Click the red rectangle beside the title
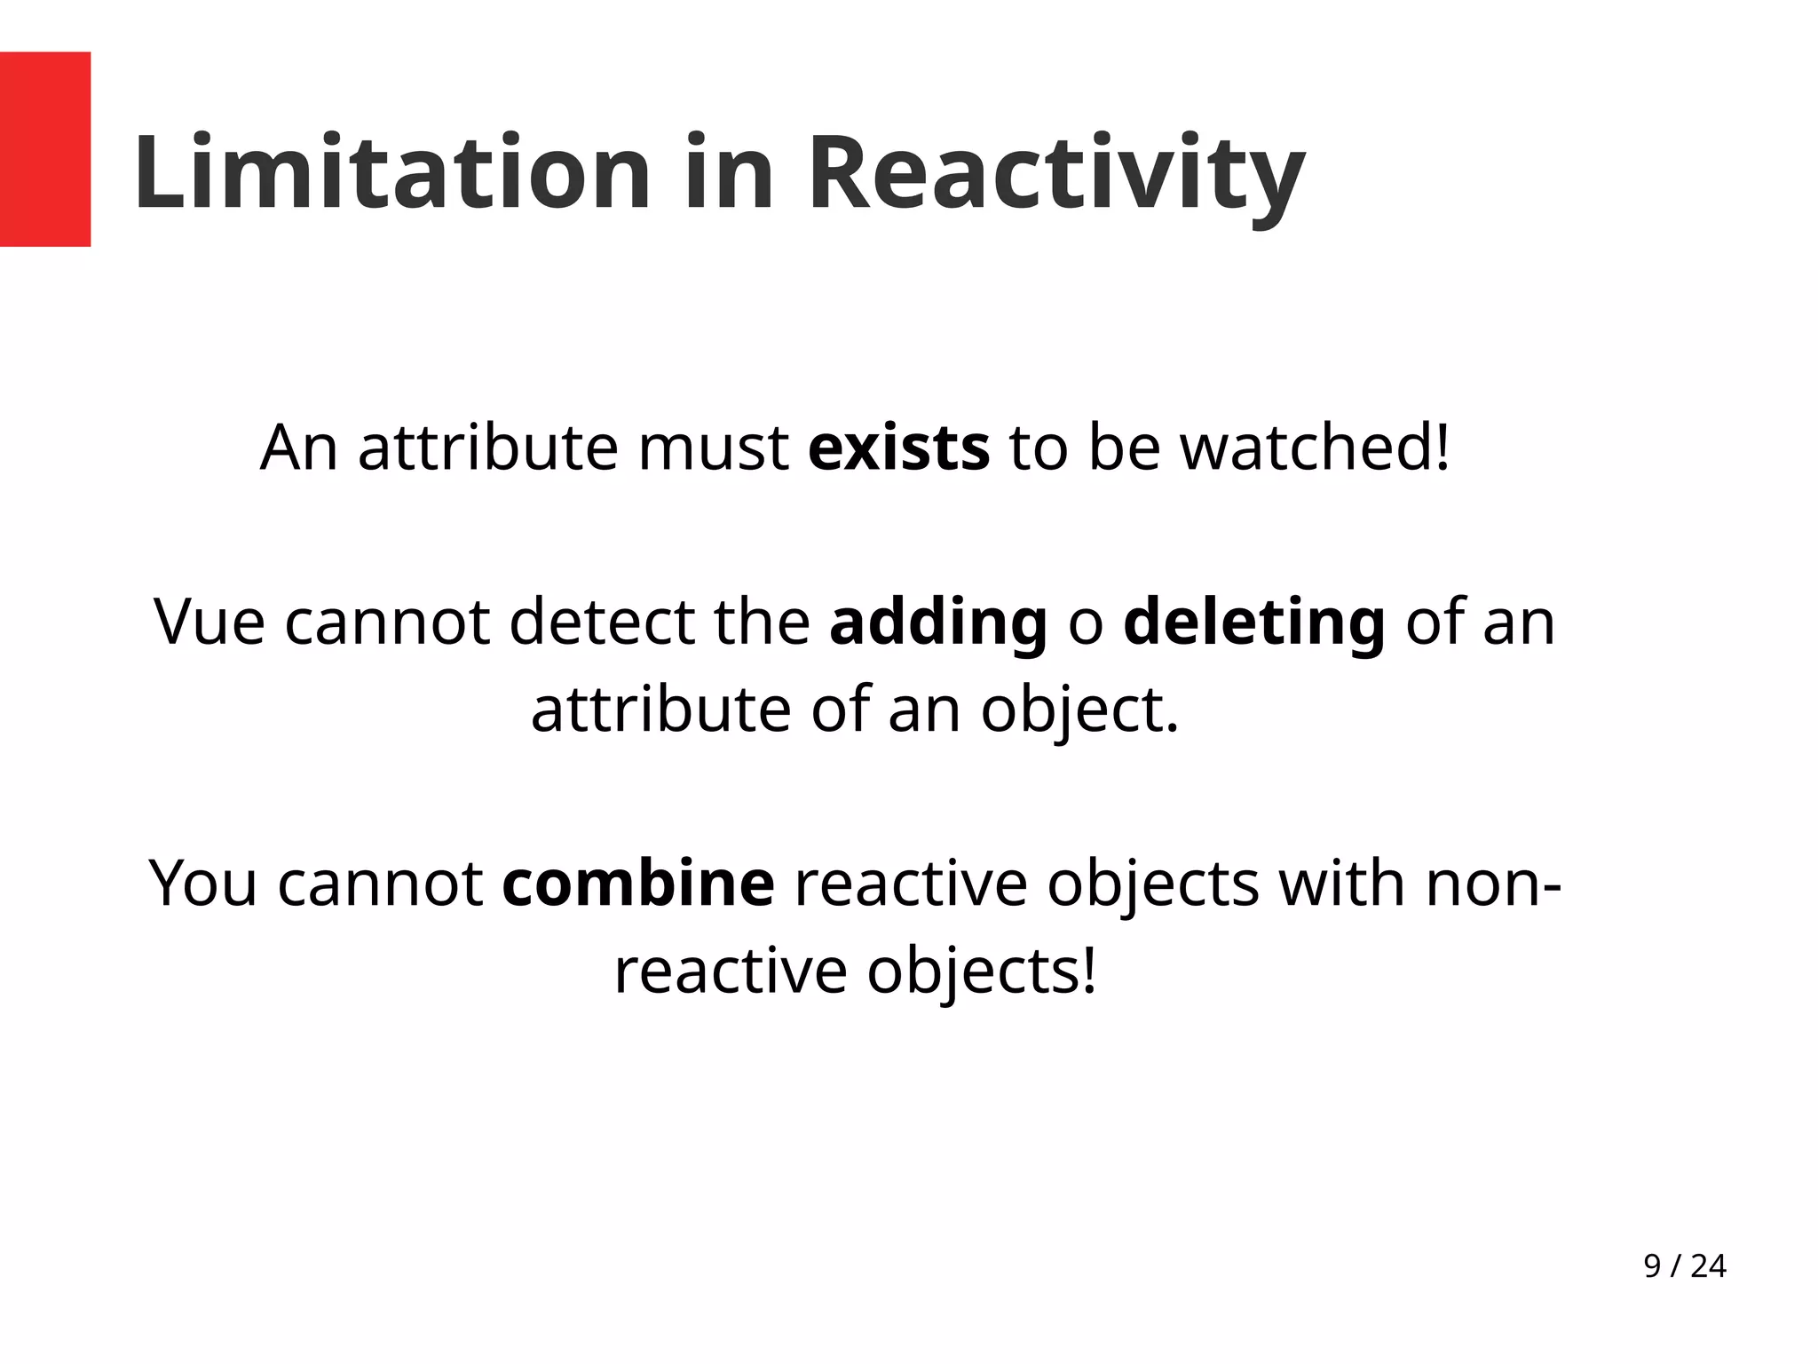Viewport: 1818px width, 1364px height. point(44,149)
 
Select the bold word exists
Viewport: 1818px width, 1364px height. point(898,448)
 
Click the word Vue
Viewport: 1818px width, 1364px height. point(209,622)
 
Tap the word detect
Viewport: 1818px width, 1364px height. point(601,622)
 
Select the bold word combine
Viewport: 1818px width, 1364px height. point(638,884)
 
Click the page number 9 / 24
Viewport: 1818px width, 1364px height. point(1684,1266)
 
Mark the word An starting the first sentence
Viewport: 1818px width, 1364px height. point(299,448)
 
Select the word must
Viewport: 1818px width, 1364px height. point(713,448)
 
